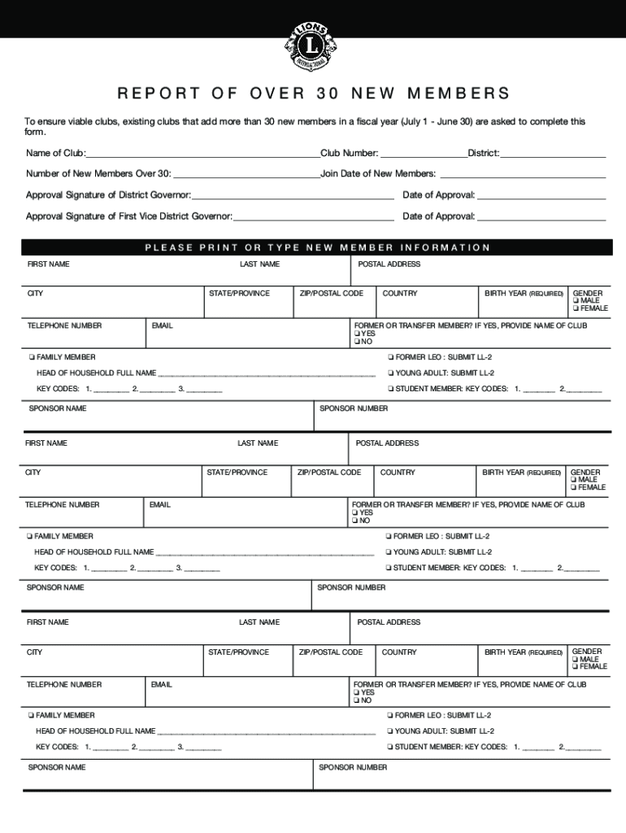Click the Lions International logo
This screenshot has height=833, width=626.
point(312,46)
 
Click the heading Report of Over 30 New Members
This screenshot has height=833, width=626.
point(313,93)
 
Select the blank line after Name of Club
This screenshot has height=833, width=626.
point(202,155)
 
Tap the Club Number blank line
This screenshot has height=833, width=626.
point(424,155)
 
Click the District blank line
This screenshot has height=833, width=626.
point(553,155)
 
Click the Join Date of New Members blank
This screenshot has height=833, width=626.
point(522,175)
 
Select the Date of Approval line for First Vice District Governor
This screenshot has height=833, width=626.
point(541,217)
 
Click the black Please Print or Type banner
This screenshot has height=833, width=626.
point(317,247)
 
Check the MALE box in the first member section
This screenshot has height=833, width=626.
point(576,301)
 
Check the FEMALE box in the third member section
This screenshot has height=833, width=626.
point(576,666)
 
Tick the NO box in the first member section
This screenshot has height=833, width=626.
point(356,342)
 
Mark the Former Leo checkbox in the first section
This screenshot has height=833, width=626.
point(390,357)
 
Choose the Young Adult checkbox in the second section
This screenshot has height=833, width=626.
point(388,552)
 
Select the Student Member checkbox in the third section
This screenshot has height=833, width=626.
point(390,747)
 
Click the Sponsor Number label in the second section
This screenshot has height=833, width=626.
point(351,587)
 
